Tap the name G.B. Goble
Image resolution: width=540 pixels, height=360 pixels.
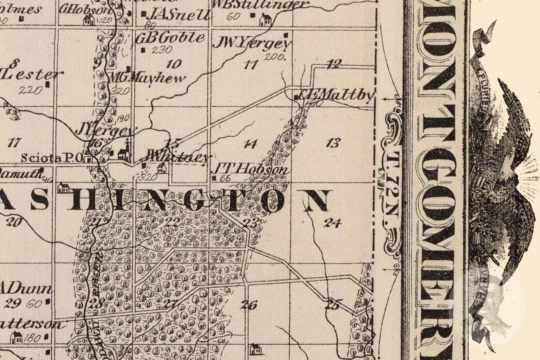[170, 38]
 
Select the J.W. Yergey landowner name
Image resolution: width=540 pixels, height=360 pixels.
[252, 43]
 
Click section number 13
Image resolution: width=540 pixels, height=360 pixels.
[333, 143]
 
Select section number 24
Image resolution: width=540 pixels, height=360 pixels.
[332, 223]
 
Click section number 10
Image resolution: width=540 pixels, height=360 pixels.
[174, 64]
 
